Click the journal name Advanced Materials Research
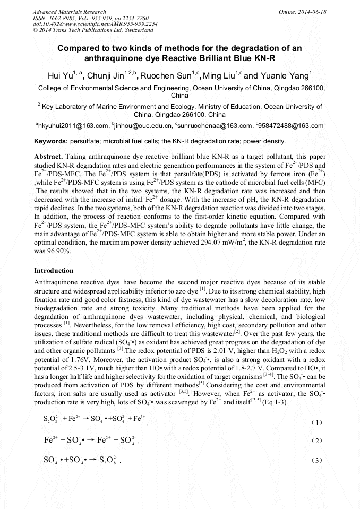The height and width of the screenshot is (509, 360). [69, 12]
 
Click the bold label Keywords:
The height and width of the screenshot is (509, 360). [51, 141]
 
